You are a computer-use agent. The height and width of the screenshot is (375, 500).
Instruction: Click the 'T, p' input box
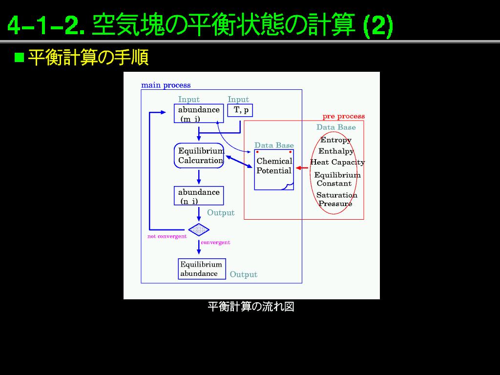pos(240,111)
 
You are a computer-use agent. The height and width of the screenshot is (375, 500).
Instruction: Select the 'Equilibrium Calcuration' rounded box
pos(199,156)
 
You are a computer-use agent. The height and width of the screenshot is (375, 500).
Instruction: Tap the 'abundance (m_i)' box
pos(199,114)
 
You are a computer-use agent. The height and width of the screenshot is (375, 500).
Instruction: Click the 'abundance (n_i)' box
pos(199,196)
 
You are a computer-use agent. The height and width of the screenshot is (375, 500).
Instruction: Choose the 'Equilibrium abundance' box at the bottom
pos(202,269)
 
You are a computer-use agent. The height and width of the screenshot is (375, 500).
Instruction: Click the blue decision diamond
pos(199,229)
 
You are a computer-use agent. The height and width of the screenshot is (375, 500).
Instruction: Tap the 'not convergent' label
pos(167,237)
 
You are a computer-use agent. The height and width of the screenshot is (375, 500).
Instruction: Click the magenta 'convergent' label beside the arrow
pos(215,243)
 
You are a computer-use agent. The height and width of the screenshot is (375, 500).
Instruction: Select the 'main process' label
pos(166,85)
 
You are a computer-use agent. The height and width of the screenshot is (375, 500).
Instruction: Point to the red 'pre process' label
pos(344,117)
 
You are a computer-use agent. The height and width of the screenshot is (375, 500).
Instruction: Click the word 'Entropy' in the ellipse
pos(336,140)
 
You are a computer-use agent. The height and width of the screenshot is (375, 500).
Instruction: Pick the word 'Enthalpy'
pos(336,151)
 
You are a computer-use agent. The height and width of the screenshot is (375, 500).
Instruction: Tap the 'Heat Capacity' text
pos(337,163)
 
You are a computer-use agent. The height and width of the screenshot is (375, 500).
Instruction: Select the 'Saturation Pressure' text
pos(336,199)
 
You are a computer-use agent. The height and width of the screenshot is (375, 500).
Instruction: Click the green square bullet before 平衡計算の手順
pos(20,58)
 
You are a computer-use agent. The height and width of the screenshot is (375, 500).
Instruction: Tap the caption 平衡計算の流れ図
pos(251,307)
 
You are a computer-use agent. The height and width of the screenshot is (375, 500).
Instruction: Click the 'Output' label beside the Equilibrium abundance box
pos(244,275)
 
